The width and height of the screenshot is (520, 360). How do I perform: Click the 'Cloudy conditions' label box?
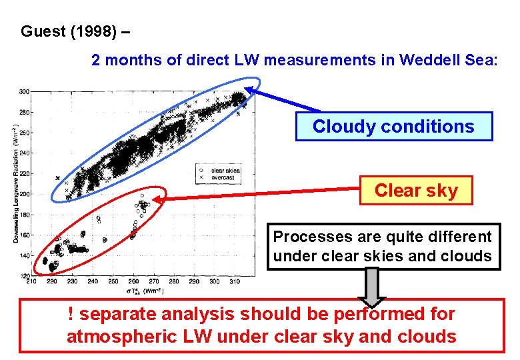point(393,127)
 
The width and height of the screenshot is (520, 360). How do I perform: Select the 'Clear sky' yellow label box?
point(416,191)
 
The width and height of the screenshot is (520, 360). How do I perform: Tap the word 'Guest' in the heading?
point(45,31)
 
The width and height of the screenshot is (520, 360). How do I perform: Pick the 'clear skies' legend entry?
point(223,171)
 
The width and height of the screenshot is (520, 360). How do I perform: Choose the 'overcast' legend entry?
point(221,178)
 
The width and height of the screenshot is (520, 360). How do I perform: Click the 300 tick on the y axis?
point(25,91)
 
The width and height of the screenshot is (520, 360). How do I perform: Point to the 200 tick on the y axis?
point(25,194)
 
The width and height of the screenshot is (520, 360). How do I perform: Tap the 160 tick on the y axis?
point(25,235)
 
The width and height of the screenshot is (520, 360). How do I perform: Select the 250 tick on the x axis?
point(113,282)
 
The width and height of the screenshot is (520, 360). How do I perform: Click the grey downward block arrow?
point(373,287)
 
